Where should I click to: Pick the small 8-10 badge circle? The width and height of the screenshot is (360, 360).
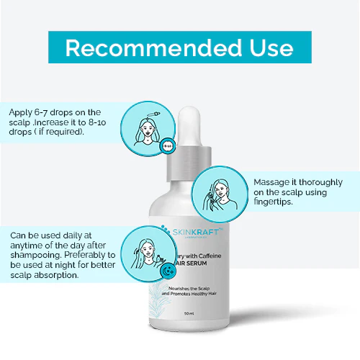(167, 145)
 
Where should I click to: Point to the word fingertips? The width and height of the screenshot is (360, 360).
(278, 204)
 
